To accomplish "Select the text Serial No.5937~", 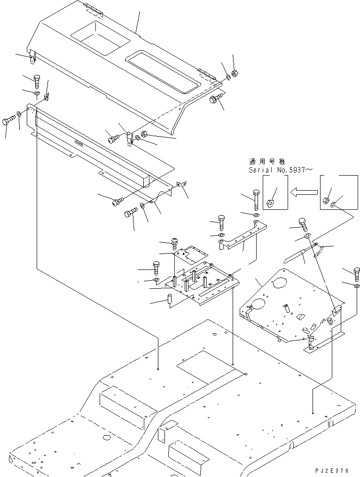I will click(x=280, y=169).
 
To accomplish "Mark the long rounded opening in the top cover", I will click(x=164, y=70).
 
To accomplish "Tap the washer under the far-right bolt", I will click(x=357, y=285).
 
